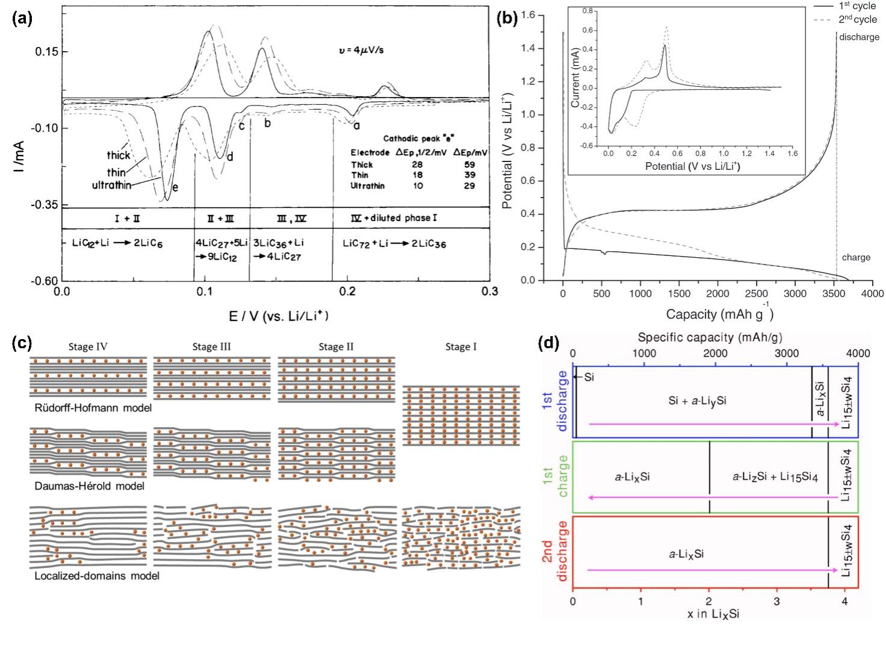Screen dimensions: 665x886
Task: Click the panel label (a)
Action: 22,18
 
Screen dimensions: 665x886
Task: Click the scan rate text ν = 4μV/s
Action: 361,50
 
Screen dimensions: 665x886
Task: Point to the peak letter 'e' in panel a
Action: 175,187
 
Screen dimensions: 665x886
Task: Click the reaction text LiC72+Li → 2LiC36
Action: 394,244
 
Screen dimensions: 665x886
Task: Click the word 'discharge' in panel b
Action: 859,37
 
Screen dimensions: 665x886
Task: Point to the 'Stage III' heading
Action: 211,347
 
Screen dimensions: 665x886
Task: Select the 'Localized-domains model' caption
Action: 97,575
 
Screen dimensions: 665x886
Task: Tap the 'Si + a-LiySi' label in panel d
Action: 697,399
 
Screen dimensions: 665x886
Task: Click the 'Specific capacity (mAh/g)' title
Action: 710,337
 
